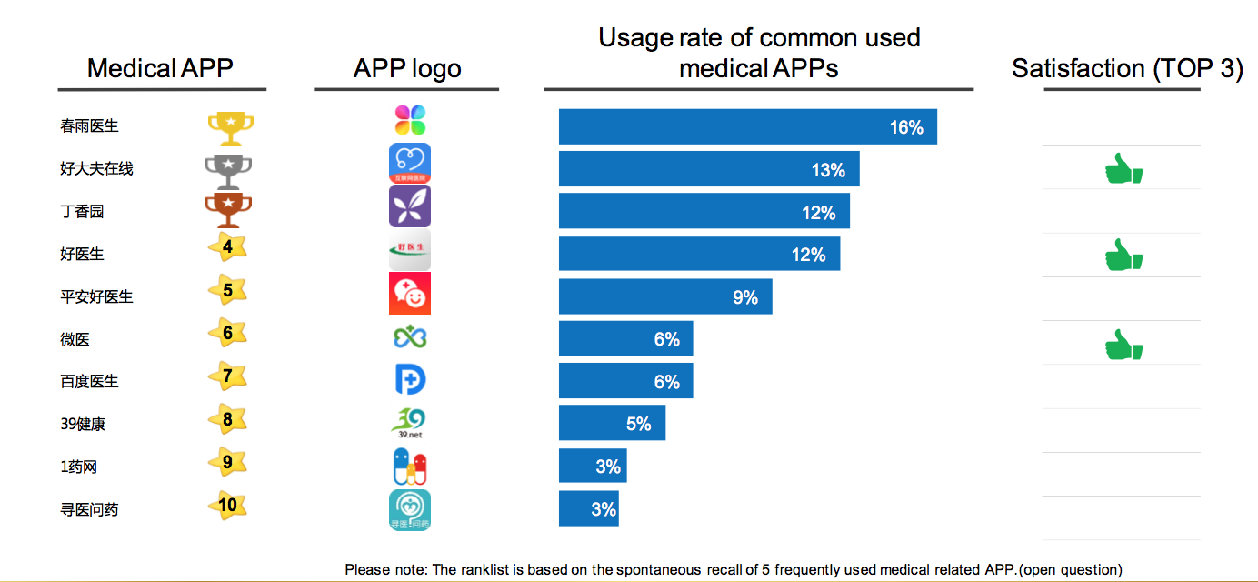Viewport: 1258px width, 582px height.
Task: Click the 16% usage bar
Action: [x=747, y=126]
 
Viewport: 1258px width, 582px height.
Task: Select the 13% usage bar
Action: [x=709, y=169]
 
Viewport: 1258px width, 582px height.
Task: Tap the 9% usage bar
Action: [x=665, y=296]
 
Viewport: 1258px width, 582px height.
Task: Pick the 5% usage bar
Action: [x=612, y=423]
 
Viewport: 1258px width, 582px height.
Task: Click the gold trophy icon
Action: [x=230, y=128]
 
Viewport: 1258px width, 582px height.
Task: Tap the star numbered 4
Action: [x=227, y=247]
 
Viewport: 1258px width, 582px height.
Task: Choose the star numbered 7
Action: [x=227, y=376]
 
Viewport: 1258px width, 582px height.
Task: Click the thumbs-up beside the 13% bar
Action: [x=1123, y=169]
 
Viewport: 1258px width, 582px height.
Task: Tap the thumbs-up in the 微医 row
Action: [x=1123, y=346]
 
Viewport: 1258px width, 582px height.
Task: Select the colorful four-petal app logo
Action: [x=410, y=120]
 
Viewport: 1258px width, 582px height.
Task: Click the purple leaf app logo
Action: [x=410, y=206]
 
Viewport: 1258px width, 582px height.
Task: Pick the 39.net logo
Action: [x=410, y=424]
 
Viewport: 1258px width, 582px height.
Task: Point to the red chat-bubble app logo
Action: [x=410, y=293]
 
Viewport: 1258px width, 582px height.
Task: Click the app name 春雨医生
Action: [x=89, y=126]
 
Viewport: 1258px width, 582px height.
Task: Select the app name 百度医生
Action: [x=89, y=381]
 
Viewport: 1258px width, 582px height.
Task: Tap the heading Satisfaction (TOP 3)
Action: [x=1127, y=69]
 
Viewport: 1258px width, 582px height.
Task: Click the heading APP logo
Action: [x=407, y=69]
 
